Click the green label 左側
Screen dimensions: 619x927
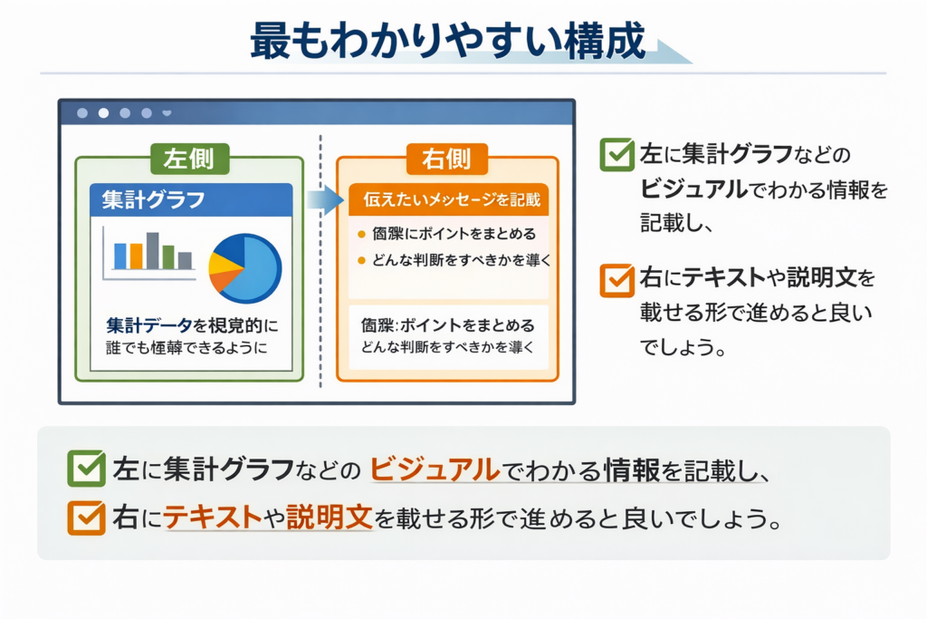click(x=189, y=158)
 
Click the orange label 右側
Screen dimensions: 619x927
click(x=447, y=159)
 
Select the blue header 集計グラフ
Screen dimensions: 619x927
click(x=191, y=198)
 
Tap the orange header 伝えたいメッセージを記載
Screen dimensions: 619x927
click(x=449, y=198)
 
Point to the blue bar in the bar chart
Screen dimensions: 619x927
click(x=120, y=256)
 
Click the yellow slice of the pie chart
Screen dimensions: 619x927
click(x=223, y=263)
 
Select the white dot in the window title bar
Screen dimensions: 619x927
click(x=103, y=113)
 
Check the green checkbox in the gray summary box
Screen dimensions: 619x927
click(x=86, y=469)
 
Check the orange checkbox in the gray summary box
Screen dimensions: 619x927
click(x=86, y=517)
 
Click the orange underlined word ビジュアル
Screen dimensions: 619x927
click(x=435, y=469)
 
